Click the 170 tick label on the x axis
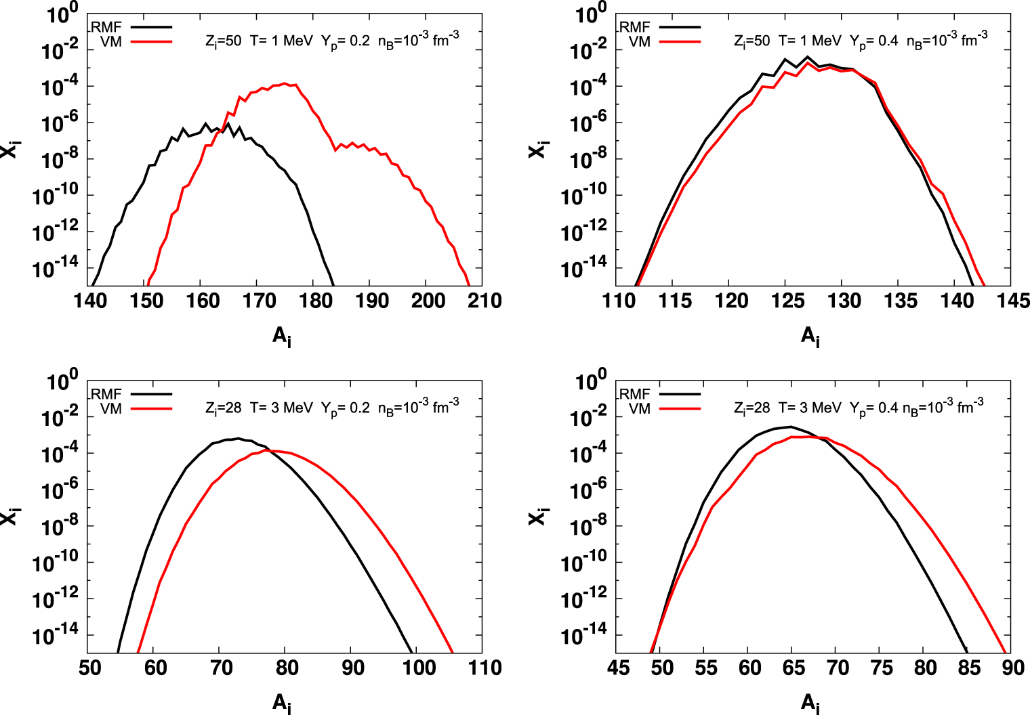(x=259, y=301)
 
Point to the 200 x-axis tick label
(x=428, y=301)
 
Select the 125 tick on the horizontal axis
(x=787, y=301)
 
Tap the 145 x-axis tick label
(x=1012, y=301)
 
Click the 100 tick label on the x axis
(x=417, y=668)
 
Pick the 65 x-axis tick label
(x=794, y=668)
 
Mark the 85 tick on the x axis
(x=969, y=668)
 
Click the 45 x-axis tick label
(x=618, y=668)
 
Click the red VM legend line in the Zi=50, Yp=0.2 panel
(x=151, y=42)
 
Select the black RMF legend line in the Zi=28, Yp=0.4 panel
(x=679, y=393)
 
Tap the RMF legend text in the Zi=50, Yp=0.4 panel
(x=635, y=27)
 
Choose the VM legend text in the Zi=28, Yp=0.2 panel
(x=111, y=408)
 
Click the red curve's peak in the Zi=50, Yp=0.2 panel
(x=285, y=83)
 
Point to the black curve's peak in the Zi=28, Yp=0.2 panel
(x=237, y=438)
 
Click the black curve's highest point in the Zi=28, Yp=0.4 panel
(x=790, y=427)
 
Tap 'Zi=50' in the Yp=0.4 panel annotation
(x=752, y=41)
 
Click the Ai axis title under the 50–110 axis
(x=282, y=703)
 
